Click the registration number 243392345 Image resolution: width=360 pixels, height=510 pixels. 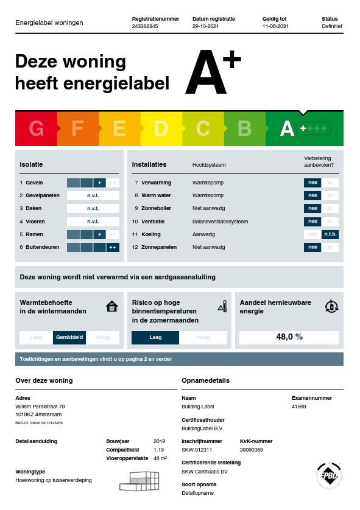pyautogui.click(x=145, y=27)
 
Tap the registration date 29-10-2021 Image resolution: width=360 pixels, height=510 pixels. pyautogui.click(x=205, y=27)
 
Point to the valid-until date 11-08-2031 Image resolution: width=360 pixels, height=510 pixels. pyautogui.click(x=276, y=27)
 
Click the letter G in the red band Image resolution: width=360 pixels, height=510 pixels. pyautogui.click(x=37, y=129)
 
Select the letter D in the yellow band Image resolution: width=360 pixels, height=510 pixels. pyautogui.click(x=161, y=129)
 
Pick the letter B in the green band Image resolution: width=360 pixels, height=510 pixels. pyautogui.click(x=244, y=129)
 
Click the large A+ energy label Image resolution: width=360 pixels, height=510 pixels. pyautogui.click(x=213, y=73)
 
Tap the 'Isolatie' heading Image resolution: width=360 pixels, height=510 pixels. pyautogui.click(x=31, y=164)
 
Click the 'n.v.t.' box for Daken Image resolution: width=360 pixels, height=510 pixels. pyautogui.click(x=93, y=208)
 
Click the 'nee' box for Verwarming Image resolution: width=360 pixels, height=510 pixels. pyautogui.click(x=312, y=183)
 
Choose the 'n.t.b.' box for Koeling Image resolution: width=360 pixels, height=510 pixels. pyautogui.click(x=330, y=234)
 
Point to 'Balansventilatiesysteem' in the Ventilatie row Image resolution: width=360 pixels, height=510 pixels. pyautogui.click(x=220, y=222)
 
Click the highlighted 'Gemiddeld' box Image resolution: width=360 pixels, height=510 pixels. pyautogui.click(x=69, y=337)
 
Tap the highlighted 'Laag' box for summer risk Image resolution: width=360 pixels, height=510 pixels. pyautogui.click(x=155, y=337)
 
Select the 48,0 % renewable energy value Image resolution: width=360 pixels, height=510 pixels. pyautogui.click(x=289, y=337)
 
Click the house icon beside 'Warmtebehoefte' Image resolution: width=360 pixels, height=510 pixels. pyautogui.click(x=111, y=306)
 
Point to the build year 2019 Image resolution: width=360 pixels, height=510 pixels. pyautogui.click(x=159, y=441)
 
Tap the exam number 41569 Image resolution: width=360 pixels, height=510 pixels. pyautogui.click(x=298, y=407)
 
